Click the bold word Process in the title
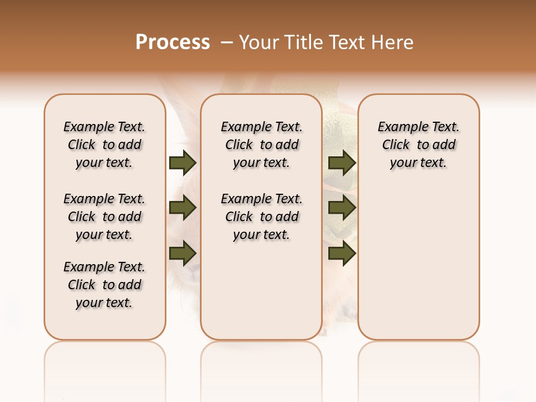point(173,42)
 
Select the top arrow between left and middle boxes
point(183,163)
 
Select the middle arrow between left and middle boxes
point(183,208)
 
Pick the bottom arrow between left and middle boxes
point(183,253)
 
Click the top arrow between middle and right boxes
point(342,163)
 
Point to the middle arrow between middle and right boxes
point(342,208)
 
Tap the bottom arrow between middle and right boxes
point(342,253)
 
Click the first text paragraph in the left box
point(104,145)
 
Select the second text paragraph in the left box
point(104,217)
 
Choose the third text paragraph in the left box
point(104,285)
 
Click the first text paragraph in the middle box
point(261,145)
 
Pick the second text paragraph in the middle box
point(261,217)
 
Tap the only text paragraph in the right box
point(418,145)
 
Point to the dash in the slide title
point(227,42)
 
